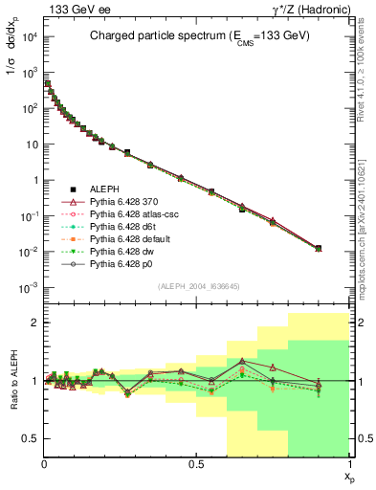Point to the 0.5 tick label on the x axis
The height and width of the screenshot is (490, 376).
197,463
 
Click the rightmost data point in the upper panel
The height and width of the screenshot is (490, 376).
319,248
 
